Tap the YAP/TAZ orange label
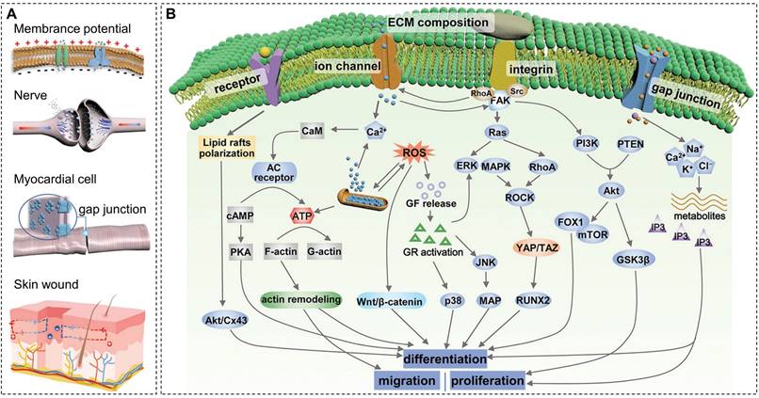point(538,247)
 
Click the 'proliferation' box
point(487,380)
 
